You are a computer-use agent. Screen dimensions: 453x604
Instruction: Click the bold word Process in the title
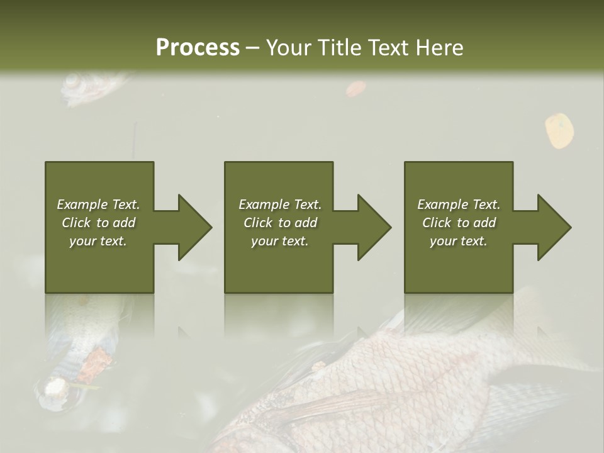tap(198, 48)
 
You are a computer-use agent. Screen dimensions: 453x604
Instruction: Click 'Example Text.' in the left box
tap(98, 204)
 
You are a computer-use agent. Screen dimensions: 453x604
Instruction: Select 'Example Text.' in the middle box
tap(280, 204)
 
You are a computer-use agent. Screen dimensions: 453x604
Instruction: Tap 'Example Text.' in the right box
tap(459, 204)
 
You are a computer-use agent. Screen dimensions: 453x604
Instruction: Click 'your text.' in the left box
tap(98, 241)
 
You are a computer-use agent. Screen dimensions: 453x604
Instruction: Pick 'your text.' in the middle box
tap(280, 241)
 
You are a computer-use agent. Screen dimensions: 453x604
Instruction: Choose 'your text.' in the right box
tap(459, 241)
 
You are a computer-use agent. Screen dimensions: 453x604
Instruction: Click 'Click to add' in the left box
tap(98, 223)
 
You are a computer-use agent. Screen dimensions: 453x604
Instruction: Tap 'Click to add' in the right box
tap(459, 223)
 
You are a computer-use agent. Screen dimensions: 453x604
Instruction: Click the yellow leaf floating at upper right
tap(559, 130)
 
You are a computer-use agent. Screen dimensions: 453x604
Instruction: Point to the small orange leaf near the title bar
tap(355, 89)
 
